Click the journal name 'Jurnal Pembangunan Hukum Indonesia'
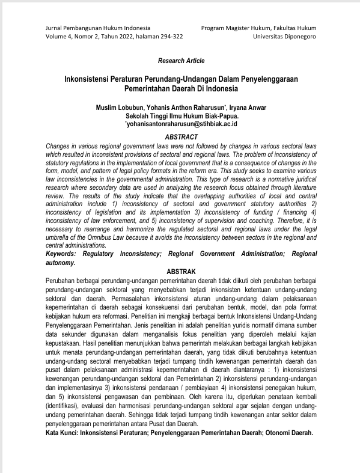point(98,28)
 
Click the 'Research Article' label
point(181,61)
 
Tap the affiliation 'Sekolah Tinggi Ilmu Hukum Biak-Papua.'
point(181,115)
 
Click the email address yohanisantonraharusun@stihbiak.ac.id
point(182,123)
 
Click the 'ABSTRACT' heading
point(181,136)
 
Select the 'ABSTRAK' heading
point(181,271)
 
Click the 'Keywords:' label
point(63,254)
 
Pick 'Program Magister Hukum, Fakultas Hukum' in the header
point(258,28)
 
